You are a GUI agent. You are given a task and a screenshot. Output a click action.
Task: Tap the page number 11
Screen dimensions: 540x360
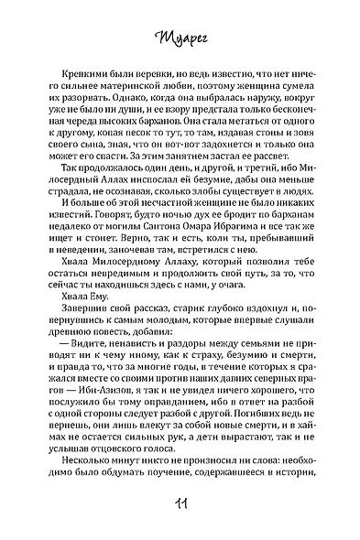click(180, 508)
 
